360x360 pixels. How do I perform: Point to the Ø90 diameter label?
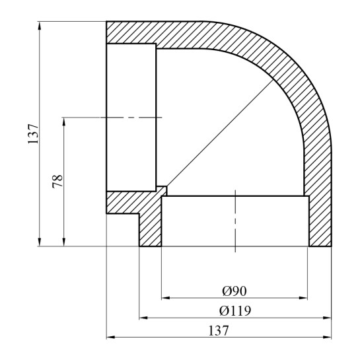[x=234, y=290]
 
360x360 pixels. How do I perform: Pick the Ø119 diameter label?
[x=235, y=309]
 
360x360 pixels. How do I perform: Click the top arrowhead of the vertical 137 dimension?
[x=41, y=24]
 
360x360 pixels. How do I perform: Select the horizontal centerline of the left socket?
[x=132, y=118]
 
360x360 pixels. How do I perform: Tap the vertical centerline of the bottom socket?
[x=234, y=221]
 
